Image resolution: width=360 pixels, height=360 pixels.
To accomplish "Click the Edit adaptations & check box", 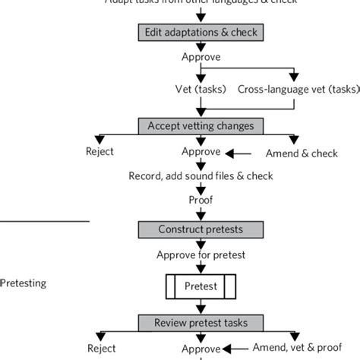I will [199, 33].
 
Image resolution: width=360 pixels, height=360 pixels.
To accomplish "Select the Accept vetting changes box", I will [199, 125].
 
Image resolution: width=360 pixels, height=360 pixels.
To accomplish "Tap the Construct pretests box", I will [199, 229].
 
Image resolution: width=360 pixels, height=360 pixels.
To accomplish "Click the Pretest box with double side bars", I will [201, 287].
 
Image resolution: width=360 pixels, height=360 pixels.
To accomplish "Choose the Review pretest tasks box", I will [199, 323].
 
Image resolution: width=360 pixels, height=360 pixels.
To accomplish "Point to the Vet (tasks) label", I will [197, 88].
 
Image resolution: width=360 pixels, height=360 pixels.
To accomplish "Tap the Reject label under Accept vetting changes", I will [99, 151].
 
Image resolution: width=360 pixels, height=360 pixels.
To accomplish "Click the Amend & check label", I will [298, 152].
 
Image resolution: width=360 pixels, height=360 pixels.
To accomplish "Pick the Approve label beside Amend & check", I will [200, 151].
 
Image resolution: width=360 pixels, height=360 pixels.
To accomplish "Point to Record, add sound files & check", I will [200, 175].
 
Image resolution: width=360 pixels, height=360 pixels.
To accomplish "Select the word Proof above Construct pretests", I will [200, 201].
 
